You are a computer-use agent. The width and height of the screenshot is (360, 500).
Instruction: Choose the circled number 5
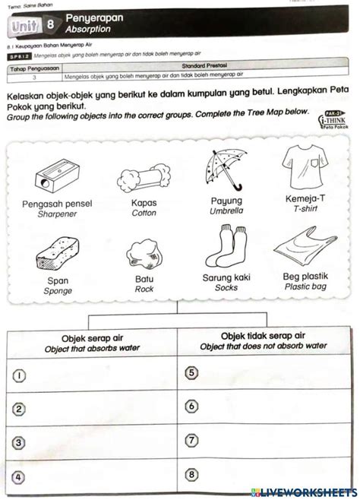[192, 372]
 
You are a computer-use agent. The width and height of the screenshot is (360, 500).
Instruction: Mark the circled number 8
[192, 475]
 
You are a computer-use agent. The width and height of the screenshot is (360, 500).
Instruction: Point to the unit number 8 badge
[49, 24]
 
